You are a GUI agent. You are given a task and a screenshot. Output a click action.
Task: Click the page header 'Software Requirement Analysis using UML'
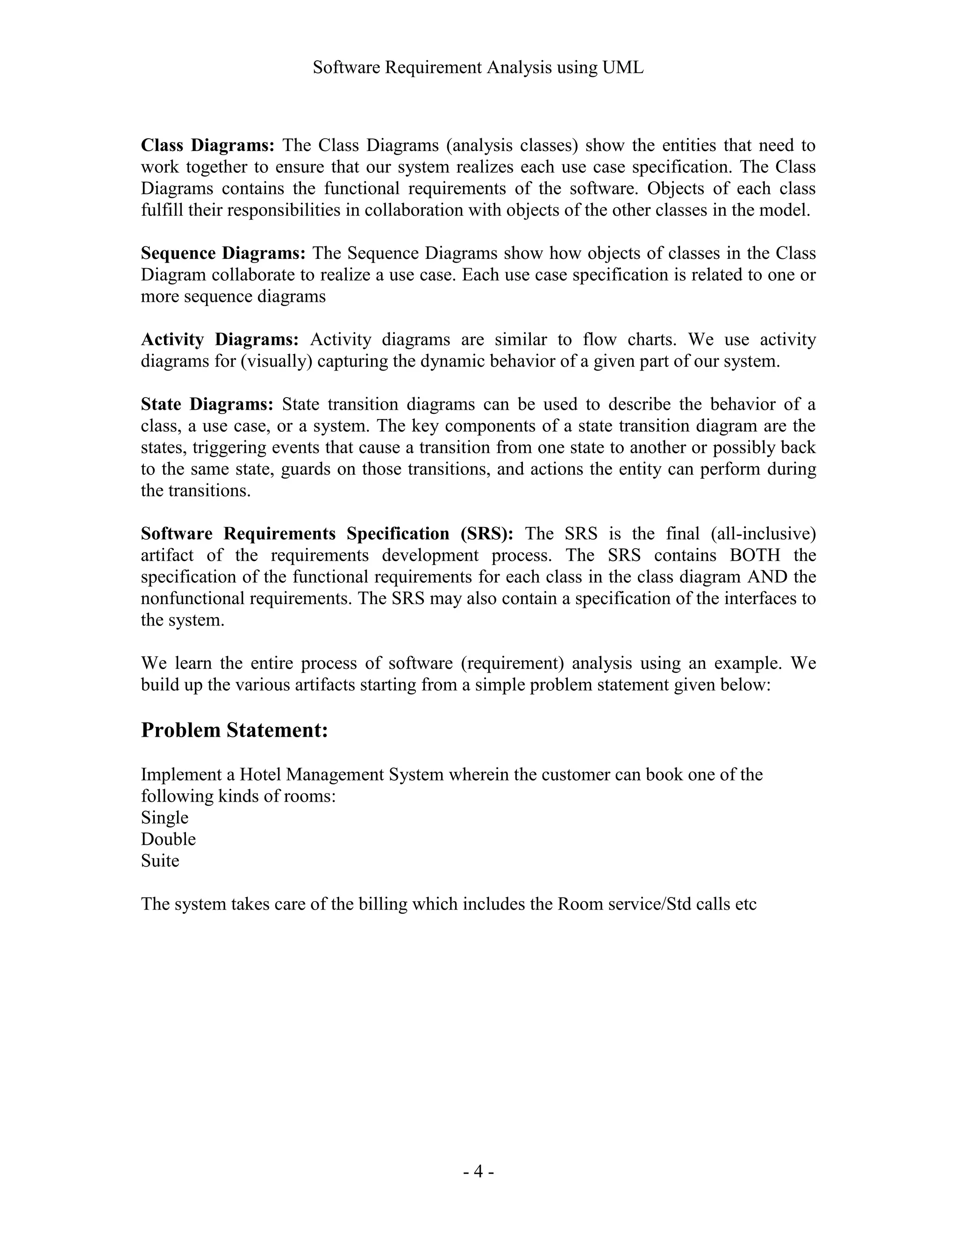point(478,68)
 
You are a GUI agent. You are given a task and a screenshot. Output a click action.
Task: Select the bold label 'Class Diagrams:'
point(207,146)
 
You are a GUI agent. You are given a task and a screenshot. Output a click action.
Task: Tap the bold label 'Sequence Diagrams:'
point(223,253)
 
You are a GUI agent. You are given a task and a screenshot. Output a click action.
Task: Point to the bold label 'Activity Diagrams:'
point(220,340)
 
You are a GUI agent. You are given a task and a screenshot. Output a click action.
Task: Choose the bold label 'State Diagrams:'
point(207,404)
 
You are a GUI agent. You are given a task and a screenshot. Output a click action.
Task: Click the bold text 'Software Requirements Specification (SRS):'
point(327,534)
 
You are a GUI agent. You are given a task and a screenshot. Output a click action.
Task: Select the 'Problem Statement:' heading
point(234,730)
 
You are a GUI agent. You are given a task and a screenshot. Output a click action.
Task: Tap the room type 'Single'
point(164,818)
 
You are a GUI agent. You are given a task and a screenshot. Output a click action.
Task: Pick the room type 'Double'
point(168,839)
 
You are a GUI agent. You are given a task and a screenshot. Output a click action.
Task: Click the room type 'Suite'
point(160,861)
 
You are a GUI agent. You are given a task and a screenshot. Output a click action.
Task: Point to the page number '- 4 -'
point(478,1171)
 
